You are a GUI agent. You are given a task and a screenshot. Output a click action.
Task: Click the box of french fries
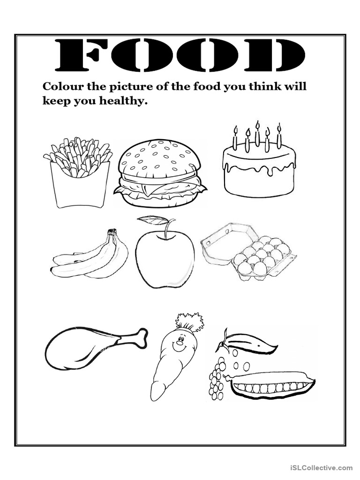[x=77, y=173]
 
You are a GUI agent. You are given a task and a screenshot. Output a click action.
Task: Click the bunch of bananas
[x=90, y=254]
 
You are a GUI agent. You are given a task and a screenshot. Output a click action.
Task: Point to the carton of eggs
[x=248, y=251]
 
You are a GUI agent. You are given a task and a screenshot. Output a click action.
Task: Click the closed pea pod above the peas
[x=248, y=342]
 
